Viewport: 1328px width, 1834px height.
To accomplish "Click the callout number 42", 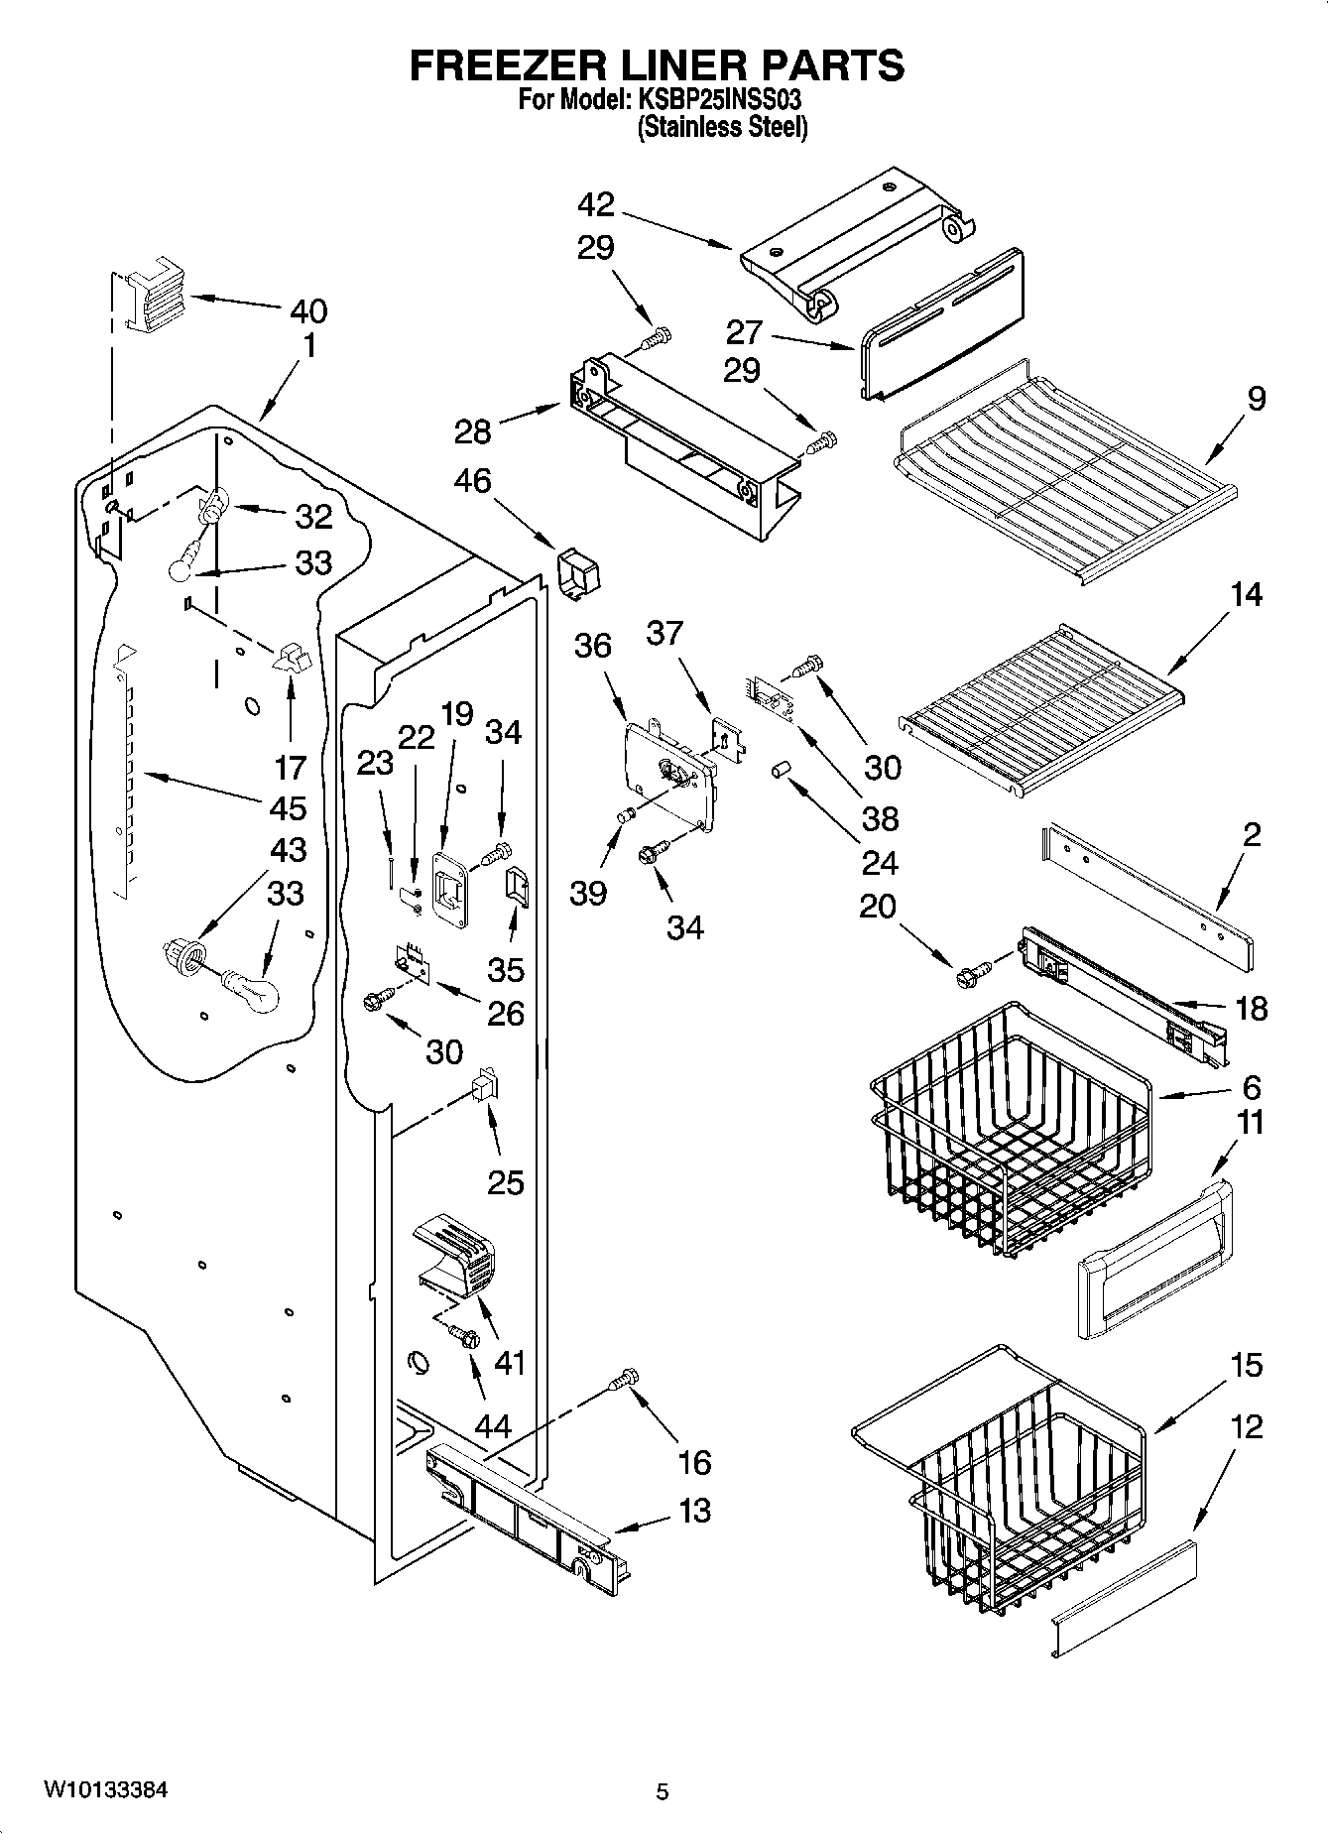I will click(x=596, y=205).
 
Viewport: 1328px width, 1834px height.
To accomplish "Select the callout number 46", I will click(x=472, y=481).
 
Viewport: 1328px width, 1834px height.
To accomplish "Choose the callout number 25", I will click(x=505, y=1182).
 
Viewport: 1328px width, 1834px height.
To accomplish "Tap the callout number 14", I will click(x=1247, y=595).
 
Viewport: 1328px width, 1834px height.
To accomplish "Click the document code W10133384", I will click(x=105, y=1789).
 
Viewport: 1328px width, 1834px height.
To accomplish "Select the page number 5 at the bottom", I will click(x=662, y=1791).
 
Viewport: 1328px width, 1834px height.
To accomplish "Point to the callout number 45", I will click(x=288, y=808).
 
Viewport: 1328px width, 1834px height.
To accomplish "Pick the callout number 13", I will click(x=695, y=1511).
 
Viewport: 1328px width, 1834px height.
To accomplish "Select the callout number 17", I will click(x=291, y=767).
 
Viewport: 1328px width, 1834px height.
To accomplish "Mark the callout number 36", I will click(x=593, y=646).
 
